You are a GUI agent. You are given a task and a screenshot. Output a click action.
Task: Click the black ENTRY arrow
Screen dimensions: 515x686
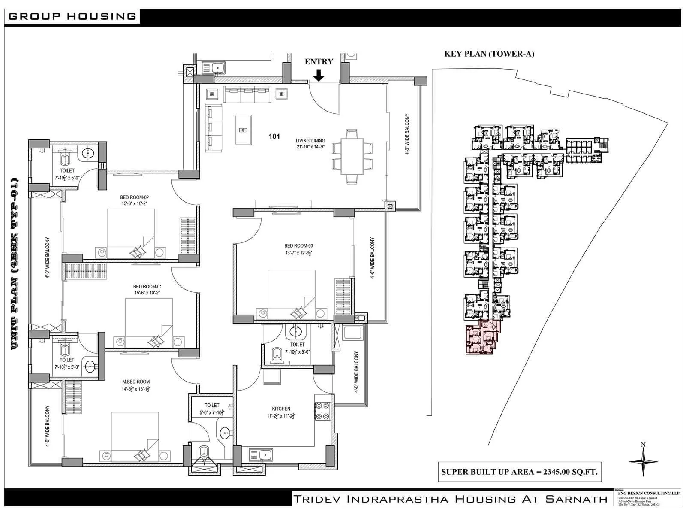[x=319, y=76]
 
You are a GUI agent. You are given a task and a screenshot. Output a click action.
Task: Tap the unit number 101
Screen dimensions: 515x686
[x=274, y=136]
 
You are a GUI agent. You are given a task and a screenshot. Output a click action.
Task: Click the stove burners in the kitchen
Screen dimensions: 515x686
[x=322, y=411]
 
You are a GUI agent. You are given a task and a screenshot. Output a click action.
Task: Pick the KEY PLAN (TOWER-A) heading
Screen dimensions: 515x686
[x=489, y=54]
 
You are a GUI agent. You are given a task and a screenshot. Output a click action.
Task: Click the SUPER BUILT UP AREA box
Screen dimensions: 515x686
[x=519, y=472]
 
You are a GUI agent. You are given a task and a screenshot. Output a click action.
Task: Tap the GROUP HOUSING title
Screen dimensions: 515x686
[x=72, y=17]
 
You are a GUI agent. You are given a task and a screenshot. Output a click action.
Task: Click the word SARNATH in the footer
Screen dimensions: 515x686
[x=577, y=499]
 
